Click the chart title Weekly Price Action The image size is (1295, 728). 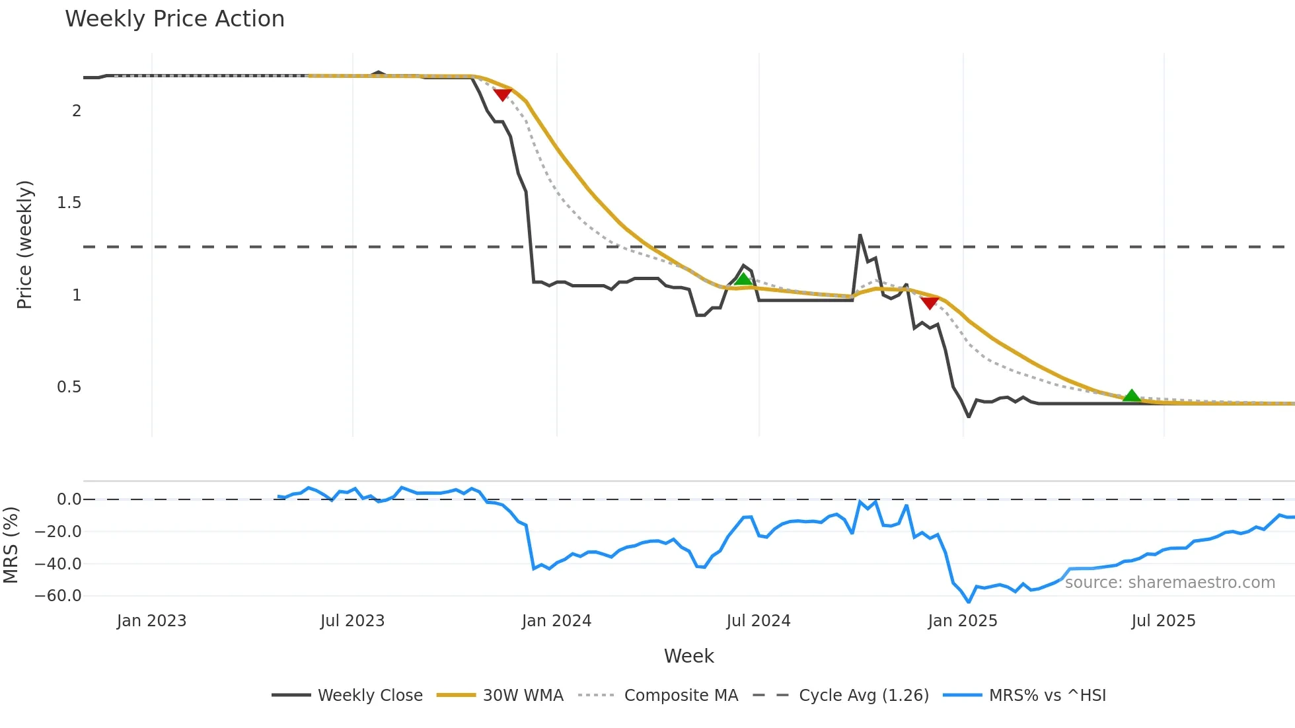pyautogui.click(x=174, y=19)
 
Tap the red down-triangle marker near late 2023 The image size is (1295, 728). pyautogui.click(x=503, y=94)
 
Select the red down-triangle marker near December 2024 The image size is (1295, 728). pyautogui.click(x=930, y=303)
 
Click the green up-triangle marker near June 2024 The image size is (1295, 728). pyautogui.click(x=743, y=279)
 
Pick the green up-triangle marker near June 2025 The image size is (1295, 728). pyautogui.click(x=1132, y=396)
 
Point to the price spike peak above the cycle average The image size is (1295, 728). pyautogui.click(x=860, y=235)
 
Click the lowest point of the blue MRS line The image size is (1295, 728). pyautogui.click(x=969, y=602)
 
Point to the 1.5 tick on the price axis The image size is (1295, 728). pyautogui.click(x=69, y=203)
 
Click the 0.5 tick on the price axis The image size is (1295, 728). pyautogui.click(x=69, y=387)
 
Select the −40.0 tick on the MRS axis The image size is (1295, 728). pyautogui.click(x=58, y=564)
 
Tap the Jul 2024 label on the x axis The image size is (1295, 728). pyautogui.click(x=758, y=621)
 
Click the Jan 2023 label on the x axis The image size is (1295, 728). pyautogui.click(x=152, y=621)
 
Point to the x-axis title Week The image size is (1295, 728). pyautogui.click(x=688, y=656)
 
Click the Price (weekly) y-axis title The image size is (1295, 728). pyautogui.click(x=24, y=244)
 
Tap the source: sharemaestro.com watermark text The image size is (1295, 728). pyautogui.click(x=1170, y=583)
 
